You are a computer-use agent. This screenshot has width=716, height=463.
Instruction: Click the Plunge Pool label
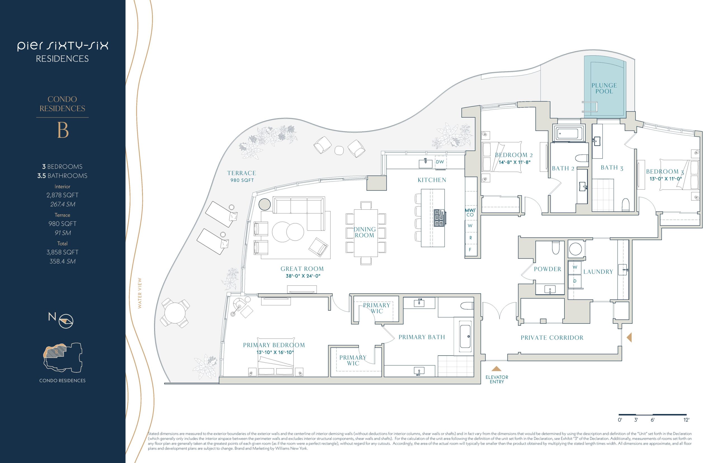coord(604,88)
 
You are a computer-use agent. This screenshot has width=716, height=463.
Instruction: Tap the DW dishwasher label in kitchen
coord(440,162)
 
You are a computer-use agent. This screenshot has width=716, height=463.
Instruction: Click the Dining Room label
coord(364,232)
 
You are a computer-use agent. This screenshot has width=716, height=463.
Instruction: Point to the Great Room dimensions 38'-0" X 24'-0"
coord(303,276)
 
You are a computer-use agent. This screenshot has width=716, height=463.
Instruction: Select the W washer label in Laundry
coord(575,267)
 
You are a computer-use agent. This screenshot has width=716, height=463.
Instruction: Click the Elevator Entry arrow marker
coord(496,368)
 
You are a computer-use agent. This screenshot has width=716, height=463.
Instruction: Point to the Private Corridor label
coord(552,338)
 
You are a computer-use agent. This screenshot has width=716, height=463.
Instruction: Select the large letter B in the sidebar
coord(63,131)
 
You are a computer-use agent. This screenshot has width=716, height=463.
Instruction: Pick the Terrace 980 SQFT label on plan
coord(242,176)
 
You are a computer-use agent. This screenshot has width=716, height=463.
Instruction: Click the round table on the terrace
coord(175,313)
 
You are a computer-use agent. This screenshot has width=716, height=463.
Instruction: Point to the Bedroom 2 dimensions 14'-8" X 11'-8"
coord(514,162)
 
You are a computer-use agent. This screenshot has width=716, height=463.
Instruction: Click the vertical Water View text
coord(140,293)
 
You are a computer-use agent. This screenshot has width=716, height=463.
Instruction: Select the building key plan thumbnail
coord(63,358)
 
